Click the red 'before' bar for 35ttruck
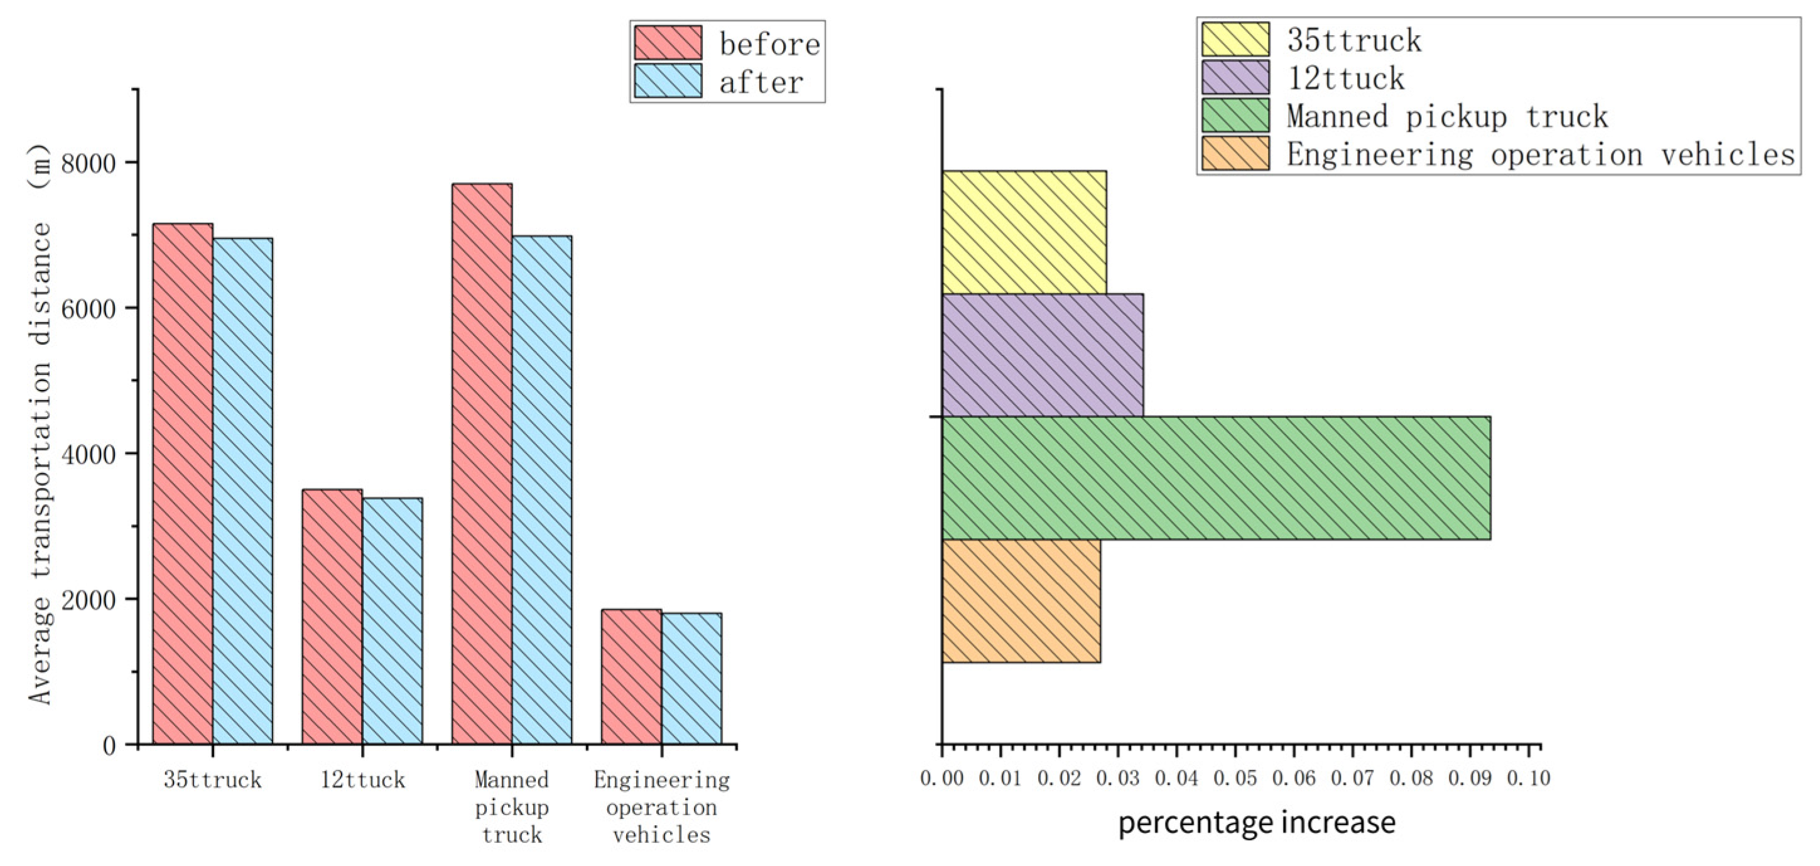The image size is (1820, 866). click(182, 484)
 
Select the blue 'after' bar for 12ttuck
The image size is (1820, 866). click(392, 621)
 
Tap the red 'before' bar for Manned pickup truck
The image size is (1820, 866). click(482, 464)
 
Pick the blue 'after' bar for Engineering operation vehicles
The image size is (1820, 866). click(691, 678)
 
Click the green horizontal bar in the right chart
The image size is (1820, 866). click(1216, 478)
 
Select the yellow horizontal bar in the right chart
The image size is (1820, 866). click(1024, 232)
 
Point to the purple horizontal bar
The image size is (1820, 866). click(1042, 355)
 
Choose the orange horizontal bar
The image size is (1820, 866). click(1021, 601)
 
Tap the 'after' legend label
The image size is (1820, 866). click(761, 83)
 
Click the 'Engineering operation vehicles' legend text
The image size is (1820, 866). click(1540, 154)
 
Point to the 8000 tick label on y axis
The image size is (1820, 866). click(89, 164)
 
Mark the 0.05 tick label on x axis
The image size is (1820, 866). click(1235, 779)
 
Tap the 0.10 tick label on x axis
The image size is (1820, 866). click(1528, 779)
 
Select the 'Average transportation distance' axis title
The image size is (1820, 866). click(40, 424)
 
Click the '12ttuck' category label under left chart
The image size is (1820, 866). click(362, 780)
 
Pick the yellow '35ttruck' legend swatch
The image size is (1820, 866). click(1235, 40)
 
